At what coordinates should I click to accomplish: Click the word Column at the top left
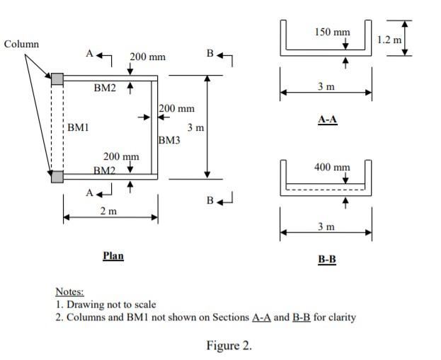pyautogui.click(x=21, y=44)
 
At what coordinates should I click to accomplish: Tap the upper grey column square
pyautogui.click(x=57, y=78)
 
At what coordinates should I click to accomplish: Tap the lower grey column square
pyautogui.click(x=57, y=177)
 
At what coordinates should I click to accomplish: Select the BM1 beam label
pyautogui.click(x=78, y=128)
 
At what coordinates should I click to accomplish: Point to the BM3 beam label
pyautogui.click(x=170, y=140)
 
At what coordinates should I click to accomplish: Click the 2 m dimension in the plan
pyautogui.click(x=108, y=211)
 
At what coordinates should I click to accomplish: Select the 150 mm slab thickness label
pyautogui.click(x=331, y=33)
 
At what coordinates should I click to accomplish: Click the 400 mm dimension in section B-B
pyautogui.click(x=331, y=168)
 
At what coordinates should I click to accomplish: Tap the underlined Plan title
pyautogui.click(x=113, y=256)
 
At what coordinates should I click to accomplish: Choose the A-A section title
pyautogui.click(x=326, y=120)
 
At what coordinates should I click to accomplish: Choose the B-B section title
pyautogui.click(x=326, y=260)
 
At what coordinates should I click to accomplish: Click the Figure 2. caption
pyautogui.click(x=229, y=345)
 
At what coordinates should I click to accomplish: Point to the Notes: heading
pyautogui.click(x=69, y=291)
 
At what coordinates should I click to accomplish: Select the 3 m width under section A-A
pyautogui.click(x=326, y=86)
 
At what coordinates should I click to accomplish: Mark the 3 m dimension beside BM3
pyautogui.click(x=195, y=128)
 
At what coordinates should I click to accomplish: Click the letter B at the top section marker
pyautogui.click(x=210, y=52)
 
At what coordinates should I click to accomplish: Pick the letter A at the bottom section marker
pyautogui.click(x=90, y=192)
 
